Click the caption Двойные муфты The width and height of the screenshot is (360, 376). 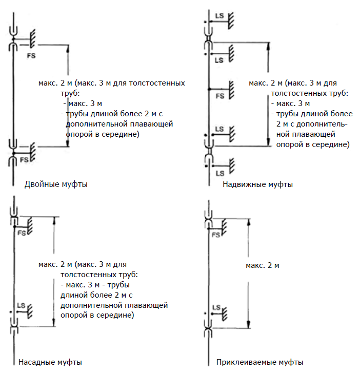click(56, 184)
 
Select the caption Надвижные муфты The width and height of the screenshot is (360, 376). click(258, 184)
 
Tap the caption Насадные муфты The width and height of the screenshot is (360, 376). click(50, 362)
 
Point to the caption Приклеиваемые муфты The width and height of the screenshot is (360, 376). click(259, 362)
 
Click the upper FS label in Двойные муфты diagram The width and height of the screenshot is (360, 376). click(31, 56)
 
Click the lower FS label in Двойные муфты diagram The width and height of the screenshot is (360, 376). click(24, 160)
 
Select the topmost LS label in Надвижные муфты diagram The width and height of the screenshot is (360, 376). click(219, 16)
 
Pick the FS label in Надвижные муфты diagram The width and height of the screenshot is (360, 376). click(220, 96)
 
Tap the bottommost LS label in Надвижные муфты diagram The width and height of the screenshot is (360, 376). click(220, 173)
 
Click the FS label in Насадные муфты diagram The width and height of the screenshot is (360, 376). click(22, 233)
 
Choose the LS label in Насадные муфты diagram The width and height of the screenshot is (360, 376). click(21, 305)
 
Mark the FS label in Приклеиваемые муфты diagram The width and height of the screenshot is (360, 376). click(216, 235)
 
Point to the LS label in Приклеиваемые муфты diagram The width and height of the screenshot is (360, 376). click(216, 307)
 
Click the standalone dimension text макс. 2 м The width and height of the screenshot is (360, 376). click(263, 265)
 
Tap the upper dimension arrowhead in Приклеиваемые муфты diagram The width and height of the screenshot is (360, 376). click(249, 222)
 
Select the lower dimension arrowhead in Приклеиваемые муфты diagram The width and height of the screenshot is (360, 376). click(249, 324)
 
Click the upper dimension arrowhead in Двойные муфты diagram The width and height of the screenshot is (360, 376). click(68, 49)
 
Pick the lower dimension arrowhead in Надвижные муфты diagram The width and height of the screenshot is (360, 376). click(269, 142)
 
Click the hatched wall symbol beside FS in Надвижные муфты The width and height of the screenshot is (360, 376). click(231, 90)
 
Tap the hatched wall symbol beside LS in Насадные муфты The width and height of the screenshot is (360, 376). click(30, 311)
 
